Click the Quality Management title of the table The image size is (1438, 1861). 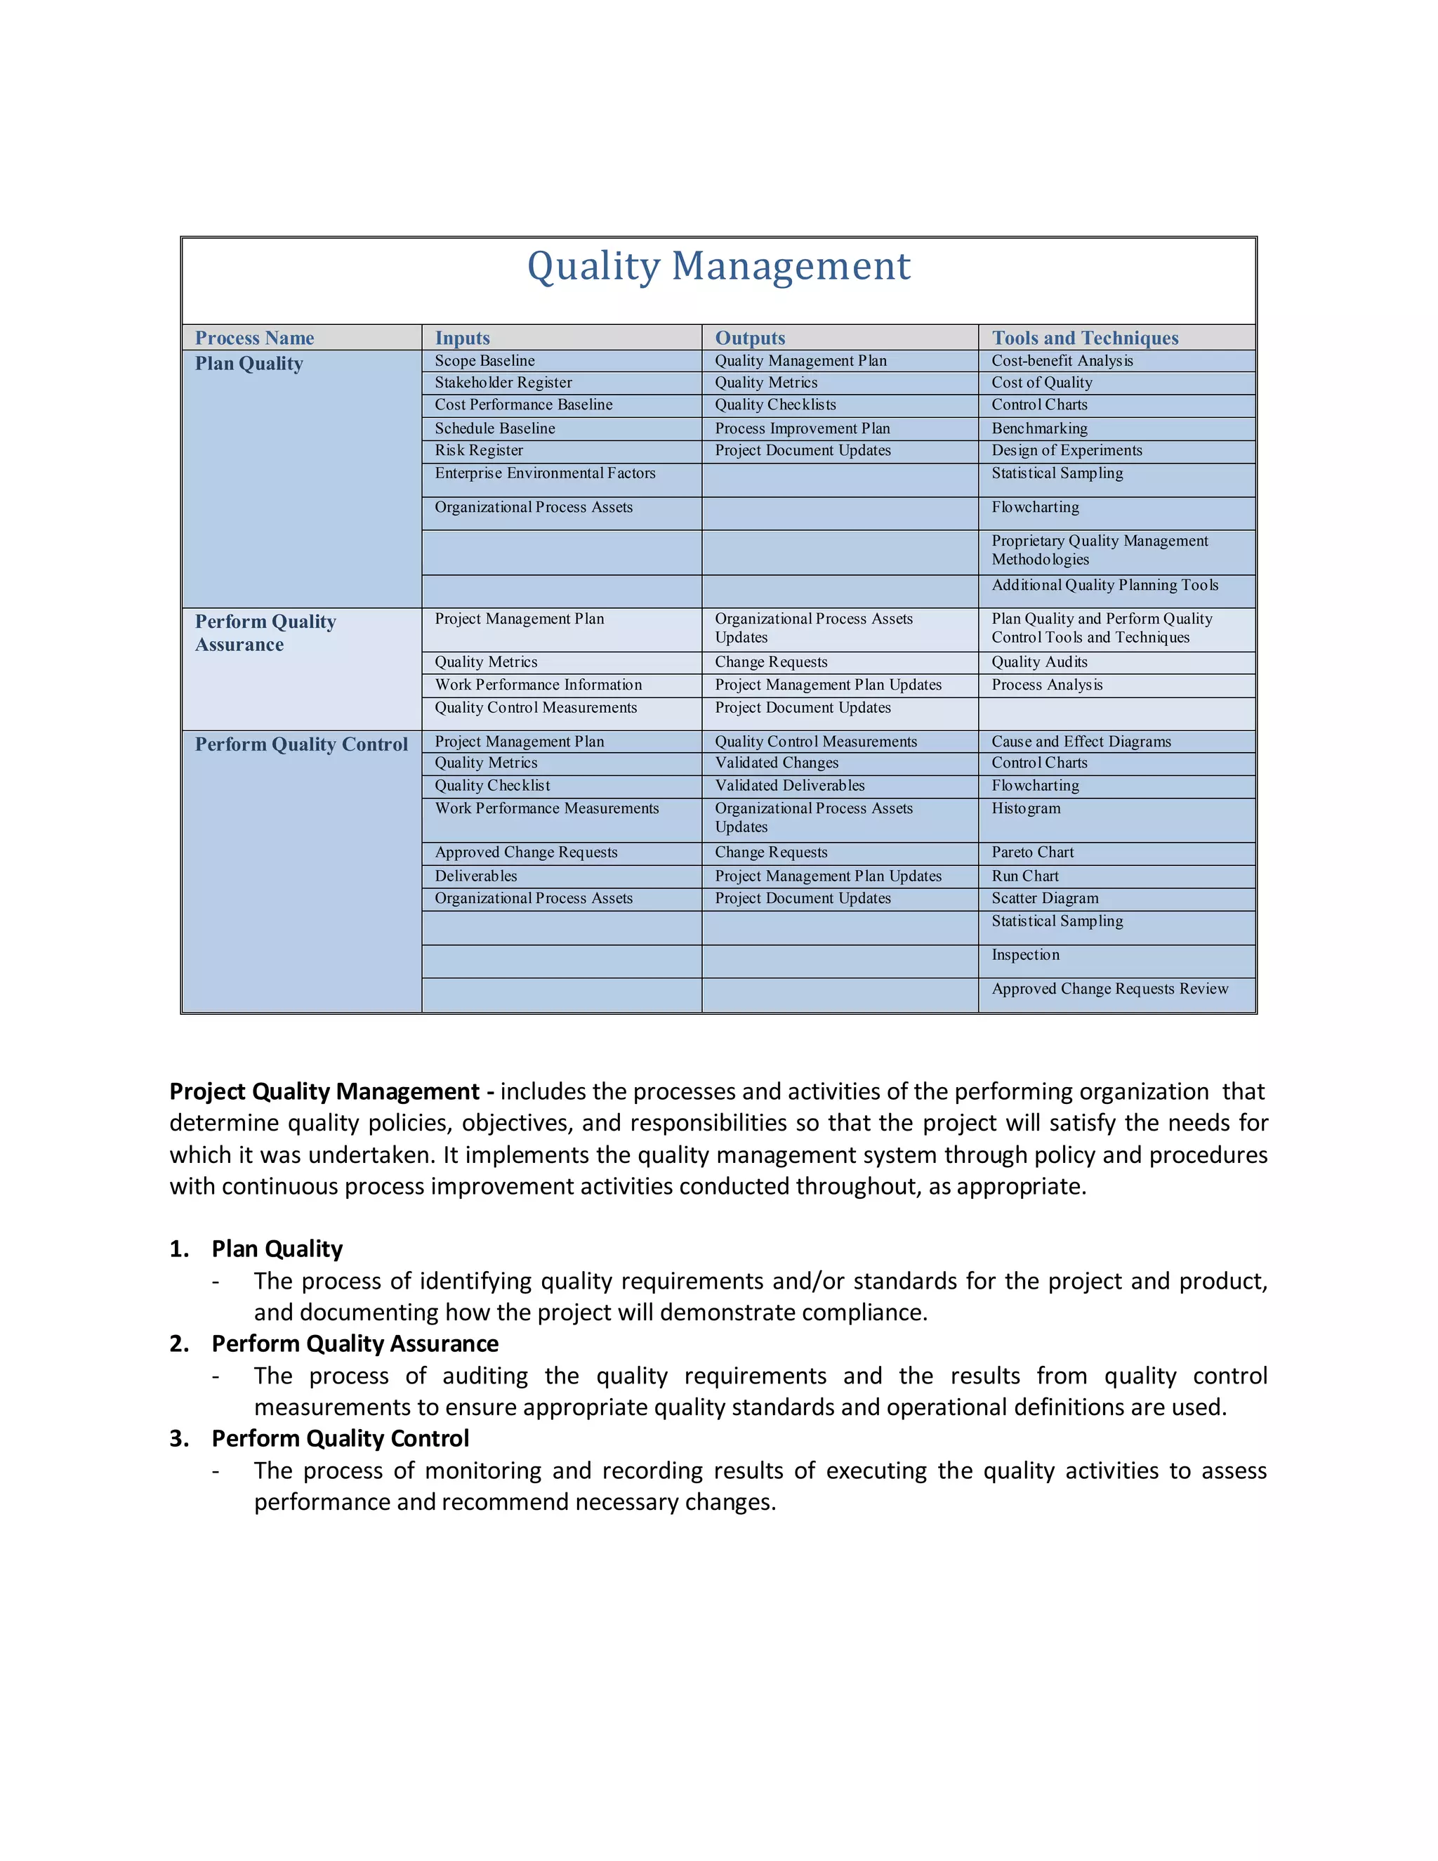[x=718, y=266]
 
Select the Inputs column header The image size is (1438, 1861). [x=463, y=338]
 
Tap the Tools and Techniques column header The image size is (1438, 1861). [x=1084, y=338]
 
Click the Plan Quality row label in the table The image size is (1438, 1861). [x=249, y=364]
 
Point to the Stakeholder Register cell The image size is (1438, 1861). [x=503, y=383]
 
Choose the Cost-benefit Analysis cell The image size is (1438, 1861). [x=1062, y=360]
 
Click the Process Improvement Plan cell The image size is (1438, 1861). [x=802, y=428]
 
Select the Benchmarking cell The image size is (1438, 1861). [x=1039, y=428]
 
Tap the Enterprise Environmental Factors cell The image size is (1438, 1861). [x=545, y=473]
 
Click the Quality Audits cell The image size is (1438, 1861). [x=1039, y=662]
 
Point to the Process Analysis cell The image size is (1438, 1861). [x=1046, y=685]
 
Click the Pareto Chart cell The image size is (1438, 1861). [x=1032, y=852]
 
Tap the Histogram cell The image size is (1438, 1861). [x=1026, y=808]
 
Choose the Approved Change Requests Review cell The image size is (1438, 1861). [x=1109, y=989]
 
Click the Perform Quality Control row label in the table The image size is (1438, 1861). [x=301, y=744]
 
